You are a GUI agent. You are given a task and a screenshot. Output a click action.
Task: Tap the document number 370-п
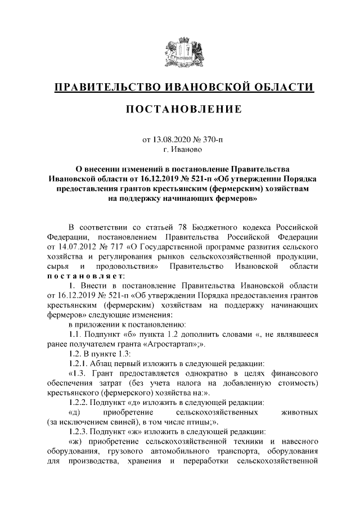click(211, 139)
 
